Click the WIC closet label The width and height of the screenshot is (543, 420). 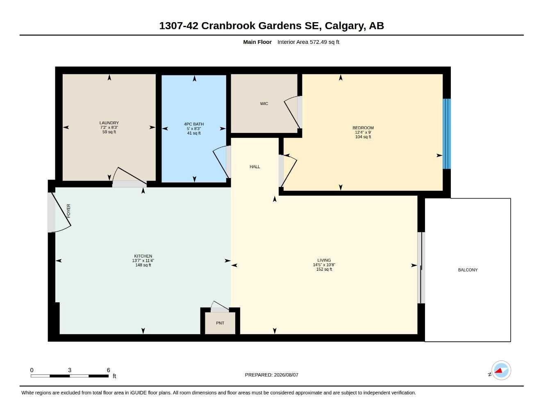click(x=264, y=103)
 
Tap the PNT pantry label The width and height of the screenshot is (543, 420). click(x=220, y=323)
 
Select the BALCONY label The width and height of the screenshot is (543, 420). click(x=468, y=270)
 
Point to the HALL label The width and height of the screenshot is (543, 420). click(x=254, y=167)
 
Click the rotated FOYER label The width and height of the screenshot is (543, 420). click(x=69, y=211)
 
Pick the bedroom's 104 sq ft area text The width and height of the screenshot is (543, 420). click(x=363, y=137)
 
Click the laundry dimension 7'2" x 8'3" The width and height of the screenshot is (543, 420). click(x=109, y=128)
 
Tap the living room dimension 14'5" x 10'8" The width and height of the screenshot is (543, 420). click(x=324, y=265)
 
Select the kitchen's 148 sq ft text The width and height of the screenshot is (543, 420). click(x=143, y=265)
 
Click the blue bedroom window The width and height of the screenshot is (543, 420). click(x=447, y=134)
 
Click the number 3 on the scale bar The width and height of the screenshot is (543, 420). click(x=70, y=370)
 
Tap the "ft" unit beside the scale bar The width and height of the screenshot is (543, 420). click(x=114, y=376)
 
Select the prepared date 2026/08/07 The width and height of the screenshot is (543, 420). click(x=286, y=375)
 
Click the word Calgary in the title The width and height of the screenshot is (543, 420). click(x=343, y=26)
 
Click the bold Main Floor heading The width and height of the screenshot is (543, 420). click(x=257, y=42)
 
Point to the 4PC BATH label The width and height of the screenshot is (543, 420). click(x=194, y=124)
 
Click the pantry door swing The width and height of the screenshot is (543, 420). click(x=220, y=306)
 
